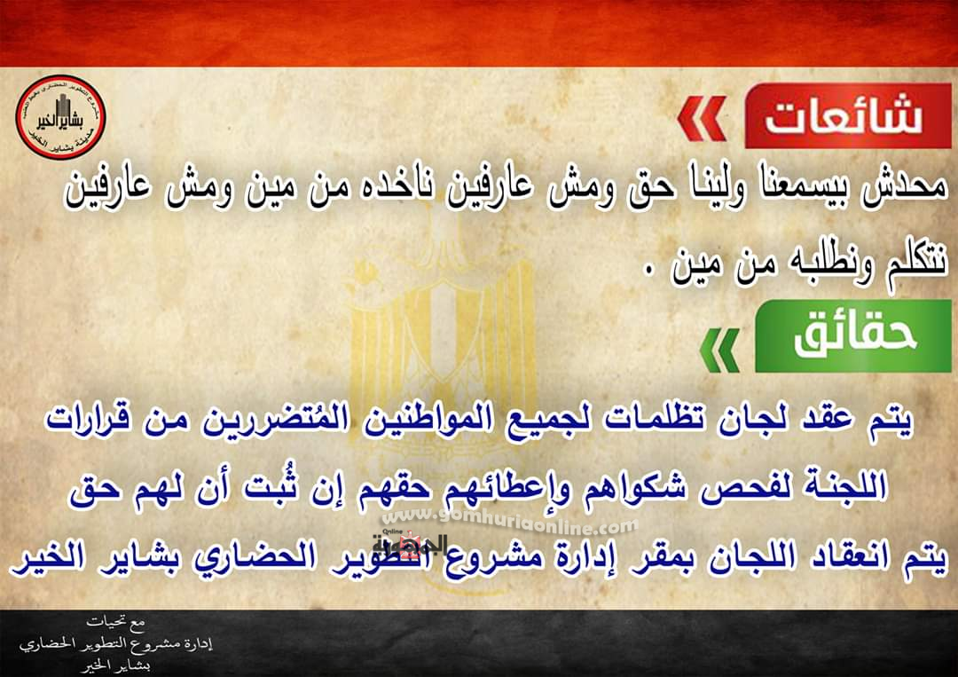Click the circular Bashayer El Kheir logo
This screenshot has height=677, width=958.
click(x=60, y=117)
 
